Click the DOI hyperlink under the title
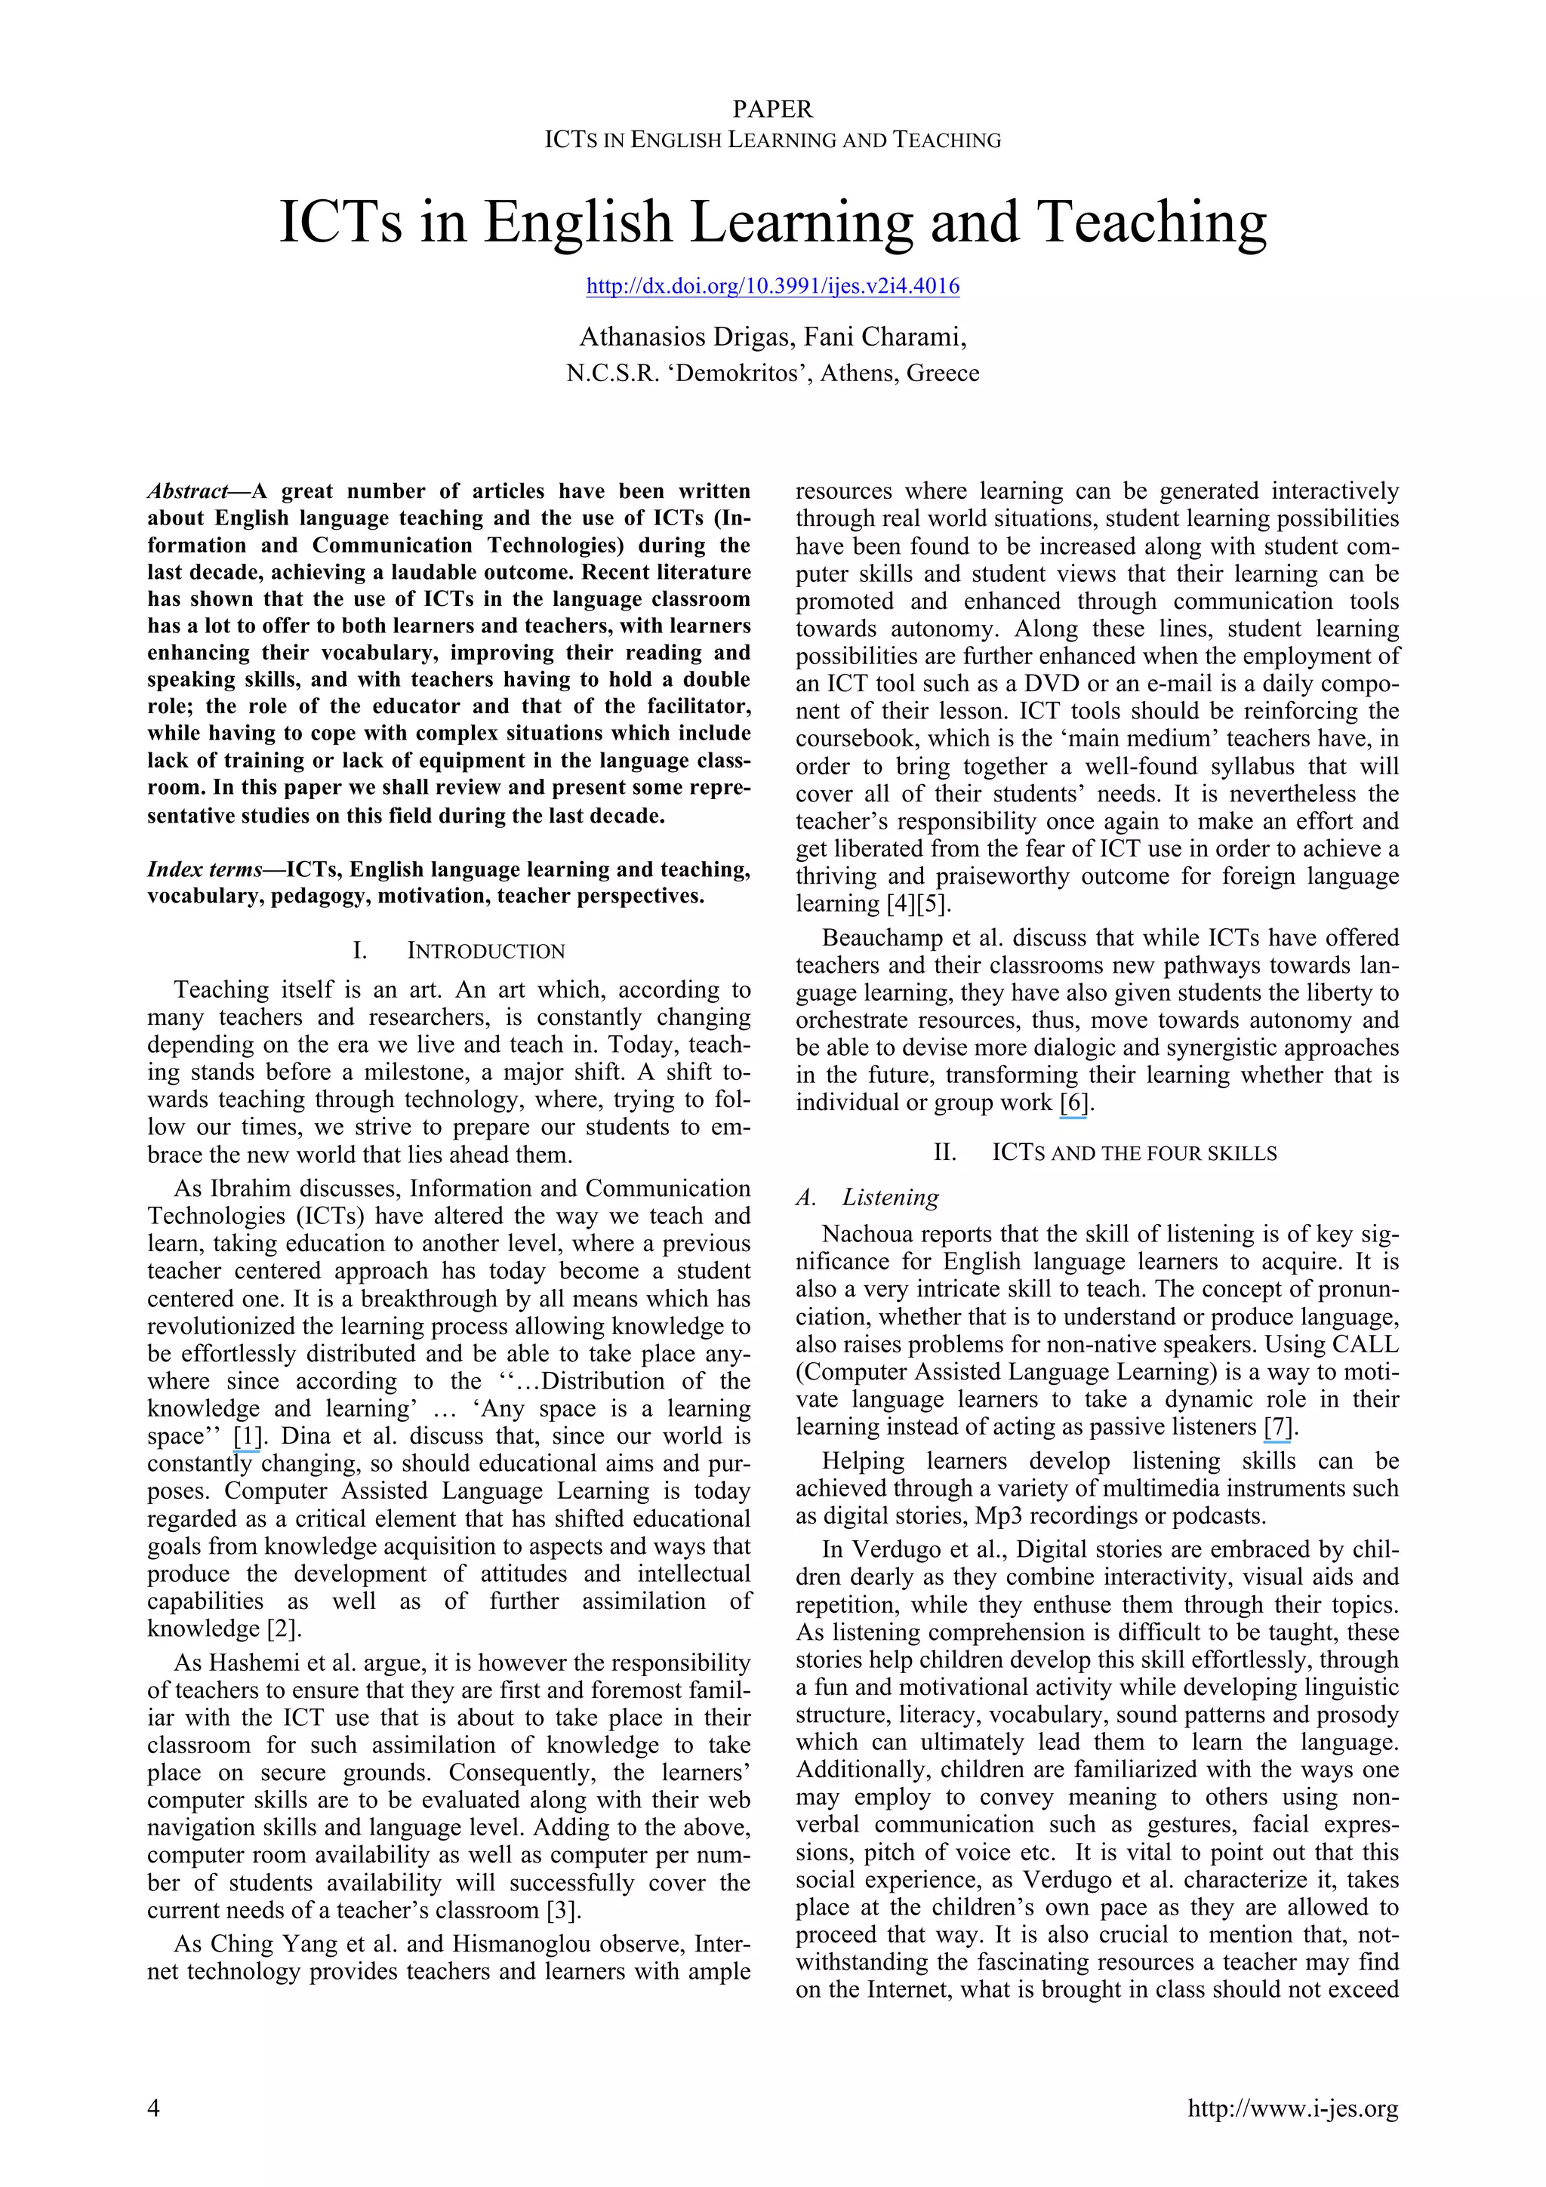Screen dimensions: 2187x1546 [x=772, y=286]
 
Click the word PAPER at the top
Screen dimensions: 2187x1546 [x=772, y=109]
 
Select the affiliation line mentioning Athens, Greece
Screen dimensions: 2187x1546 [x=772, y=374]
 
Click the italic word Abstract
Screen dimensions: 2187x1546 [x=186, y=491]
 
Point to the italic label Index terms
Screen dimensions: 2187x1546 [x=204, y=869]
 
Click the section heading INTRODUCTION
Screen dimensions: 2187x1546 [x=486, y=951]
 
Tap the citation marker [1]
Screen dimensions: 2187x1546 [x=247, y=1435]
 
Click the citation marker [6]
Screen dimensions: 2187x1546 [x=1073, y=1103]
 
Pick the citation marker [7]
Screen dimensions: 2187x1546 [x=1277, y=1427]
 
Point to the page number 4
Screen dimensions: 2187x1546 [x=153, y=2108]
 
